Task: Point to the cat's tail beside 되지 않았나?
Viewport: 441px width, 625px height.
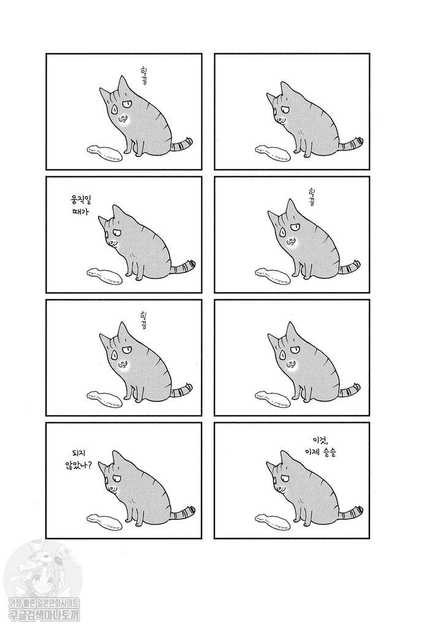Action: [181, 511]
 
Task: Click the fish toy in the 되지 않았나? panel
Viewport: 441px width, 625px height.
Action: [105, 522]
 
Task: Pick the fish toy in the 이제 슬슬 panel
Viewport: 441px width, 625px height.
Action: [271, 520]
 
